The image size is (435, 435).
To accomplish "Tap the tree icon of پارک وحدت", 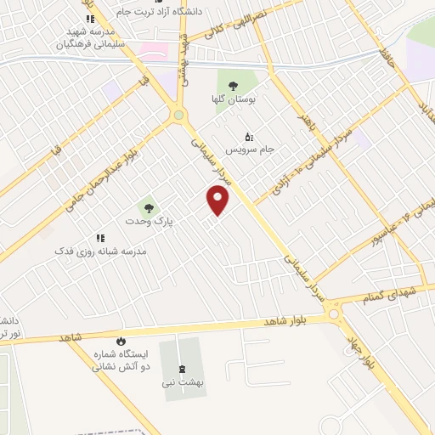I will click(x=149, y=206).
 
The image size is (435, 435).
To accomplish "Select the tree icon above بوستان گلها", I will click(x=232, y=85).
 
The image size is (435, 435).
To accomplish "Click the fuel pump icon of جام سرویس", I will click(x=249, y=136).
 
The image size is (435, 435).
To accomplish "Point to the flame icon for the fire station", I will click(x=120, y=339).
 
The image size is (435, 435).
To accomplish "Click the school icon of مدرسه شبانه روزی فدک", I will click(x=99, y=238).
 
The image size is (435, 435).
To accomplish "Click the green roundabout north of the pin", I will click(x=178, y=116).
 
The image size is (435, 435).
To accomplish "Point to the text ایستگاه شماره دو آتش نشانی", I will click(x=120, y=359).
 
